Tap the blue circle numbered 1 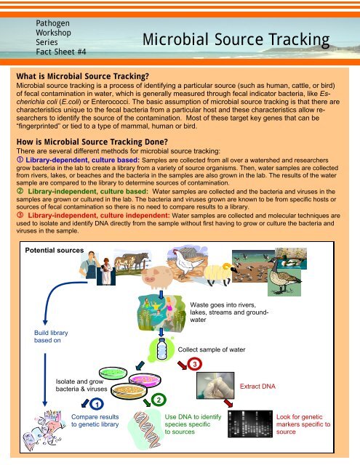tap(97, 404)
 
